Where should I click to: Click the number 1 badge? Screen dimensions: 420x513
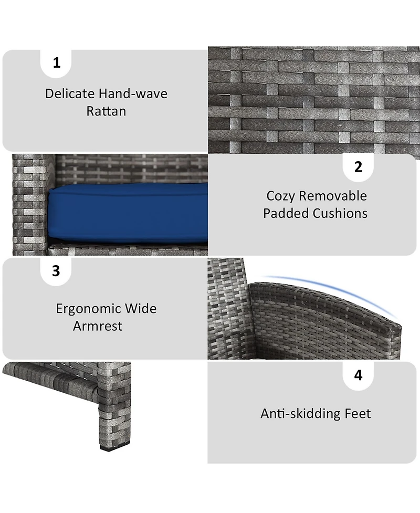[x=56, y=64]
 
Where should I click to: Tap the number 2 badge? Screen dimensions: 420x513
[x=358, y=167]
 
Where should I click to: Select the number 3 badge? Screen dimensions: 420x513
[x=56, y=271]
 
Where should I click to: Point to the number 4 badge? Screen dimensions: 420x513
[x=358, y=375]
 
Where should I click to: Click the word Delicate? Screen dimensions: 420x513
[x=70, y=93]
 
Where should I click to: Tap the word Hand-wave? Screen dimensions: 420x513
[x=133, y=93]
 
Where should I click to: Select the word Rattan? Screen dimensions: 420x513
[x=106, y=111]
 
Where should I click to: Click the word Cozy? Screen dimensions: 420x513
[x=280, y=196]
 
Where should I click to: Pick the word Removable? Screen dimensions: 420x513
[x=333, y=196]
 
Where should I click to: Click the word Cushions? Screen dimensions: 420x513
[x=340, y=213]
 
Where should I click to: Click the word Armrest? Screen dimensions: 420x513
[x=98, y=326]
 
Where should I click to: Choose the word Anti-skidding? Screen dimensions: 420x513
[x=300, y=414]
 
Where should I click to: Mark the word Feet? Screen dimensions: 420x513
[x=358, y=414]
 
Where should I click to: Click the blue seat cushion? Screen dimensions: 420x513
[x=128, y=213]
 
